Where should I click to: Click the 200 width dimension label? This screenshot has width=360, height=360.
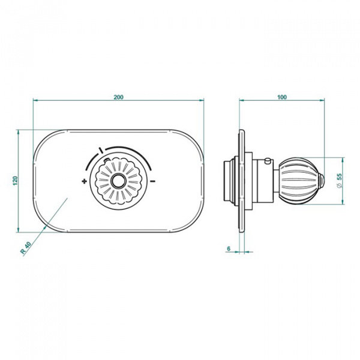[x=118, y=97]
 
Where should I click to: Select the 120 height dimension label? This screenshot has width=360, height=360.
[x=16, y=181]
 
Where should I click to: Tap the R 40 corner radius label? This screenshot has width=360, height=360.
[x=25, y=248]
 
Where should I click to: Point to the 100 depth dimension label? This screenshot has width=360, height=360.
[x=282, y=97]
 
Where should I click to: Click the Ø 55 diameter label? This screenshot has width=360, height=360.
[x=340, y=181]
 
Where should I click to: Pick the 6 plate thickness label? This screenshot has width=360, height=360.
[x=229, y=248]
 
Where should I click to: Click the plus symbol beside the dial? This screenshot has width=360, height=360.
[x=85, y=181]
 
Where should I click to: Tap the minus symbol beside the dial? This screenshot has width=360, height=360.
[x=152, y=181]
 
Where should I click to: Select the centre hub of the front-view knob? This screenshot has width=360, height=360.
[x=118, y=181]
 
